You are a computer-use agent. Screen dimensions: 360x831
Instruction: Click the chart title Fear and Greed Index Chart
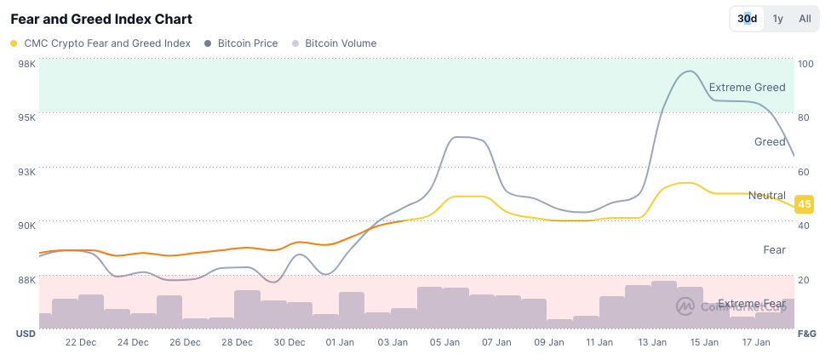pyautogui.click(x=101, y=19)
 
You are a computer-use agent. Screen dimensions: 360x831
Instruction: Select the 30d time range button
pyautogui.click(x=747, y=19)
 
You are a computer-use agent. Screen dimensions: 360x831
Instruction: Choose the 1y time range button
pyautogui.click(x=777, y=19)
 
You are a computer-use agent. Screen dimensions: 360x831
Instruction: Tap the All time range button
pyautogui.click(x=805, y=19)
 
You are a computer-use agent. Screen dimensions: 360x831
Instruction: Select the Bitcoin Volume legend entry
pyautogui.click(x=340, y=43)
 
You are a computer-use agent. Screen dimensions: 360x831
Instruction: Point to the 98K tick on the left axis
pyautogui.click(x=26, y=64)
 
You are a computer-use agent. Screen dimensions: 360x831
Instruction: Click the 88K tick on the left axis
pyautogui.click(x=26, y=279)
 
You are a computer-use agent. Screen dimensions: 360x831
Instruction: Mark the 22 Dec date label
pyautogui.click(x=81, y=342)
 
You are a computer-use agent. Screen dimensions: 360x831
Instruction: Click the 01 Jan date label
pyautogui.click(x=341, y=342)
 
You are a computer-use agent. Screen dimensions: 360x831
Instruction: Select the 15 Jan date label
pyautogui.click(x=704, y=342)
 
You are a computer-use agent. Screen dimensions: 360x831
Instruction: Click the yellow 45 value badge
pyautogui.click(x=803, y=204)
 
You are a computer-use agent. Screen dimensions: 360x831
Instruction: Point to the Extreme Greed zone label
pyautogui.click(x=747, y=87)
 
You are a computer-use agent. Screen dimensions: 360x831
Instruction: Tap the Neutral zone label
pyautogui.click(x=766, y=196)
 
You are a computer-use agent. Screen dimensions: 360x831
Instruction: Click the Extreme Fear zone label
pyautogui.click(x=751, y=304)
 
